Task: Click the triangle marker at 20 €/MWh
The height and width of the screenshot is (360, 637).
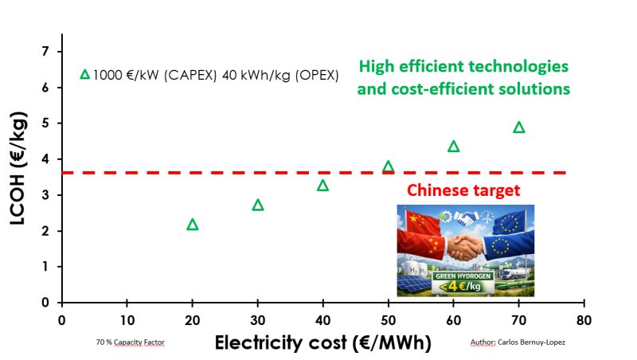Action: pyautogui.click(x=192, y=225)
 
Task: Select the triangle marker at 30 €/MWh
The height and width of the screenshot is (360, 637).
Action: pyautogui.click(x=258, y=205)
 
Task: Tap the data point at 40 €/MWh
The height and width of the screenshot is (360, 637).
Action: pyautogui.click(x=323, y=186)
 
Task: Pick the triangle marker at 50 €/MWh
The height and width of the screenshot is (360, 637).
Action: pyautogui.click(x=389, y=167)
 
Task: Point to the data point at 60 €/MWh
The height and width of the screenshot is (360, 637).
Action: pyautogui.click(x=454, y=147)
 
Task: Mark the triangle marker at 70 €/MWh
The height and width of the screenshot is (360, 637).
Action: pyautogui.click(x=519, y=127)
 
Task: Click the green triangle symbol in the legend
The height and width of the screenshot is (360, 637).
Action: pyautogui.click(x=85, y=75)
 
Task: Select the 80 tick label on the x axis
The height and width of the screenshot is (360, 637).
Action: pyautogui.click(x=584, y=320)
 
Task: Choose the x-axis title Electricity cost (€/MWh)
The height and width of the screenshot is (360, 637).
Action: pyautogui.click(x=322, y=343)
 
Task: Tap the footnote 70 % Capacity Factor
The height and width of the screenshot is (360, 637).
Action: pyautogui.click(x=130, y=341)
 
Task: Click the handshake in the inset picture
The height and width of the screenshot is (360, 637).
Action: pyautogui.click(x=465, y=248)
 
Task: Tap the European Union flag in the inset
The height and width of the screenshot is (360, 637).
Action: pyautogui.click(x=510, y=231)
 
